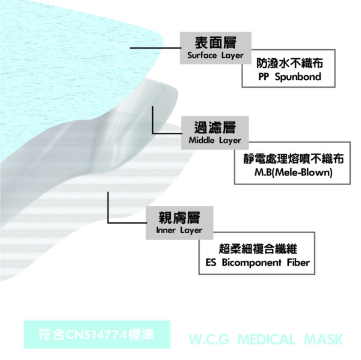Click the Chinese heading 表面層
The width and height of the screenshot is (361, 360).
pos(215,43)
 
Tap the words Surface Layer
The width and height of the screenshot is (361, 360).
pos(215,55)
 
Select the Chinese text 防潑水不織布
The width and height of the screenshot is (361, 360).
pos(289,63)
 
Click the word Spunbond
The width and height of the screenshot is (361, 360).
pos(298,76)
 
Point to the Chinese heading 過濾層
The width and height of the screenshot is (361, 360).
pos(215,127)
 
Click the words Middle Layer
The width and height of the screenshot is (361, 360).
pos(215,140)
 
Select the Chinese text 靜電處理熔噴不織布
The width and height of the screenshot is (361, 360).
pos(294,159)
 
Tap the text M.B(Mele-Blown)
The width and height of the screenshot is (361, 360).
pos(294,172)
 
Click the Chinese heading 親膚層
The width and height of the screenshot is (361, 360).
pos(179,218)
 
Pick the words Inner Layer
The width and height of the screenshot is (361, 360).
pos(179,230)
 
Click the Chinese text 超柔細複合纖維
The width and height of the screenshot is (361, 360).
pos(258,249)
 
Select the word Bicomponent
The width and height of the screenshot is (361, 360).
pos(251,263)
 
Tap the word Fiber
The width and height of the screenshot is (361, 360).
pos(298,262)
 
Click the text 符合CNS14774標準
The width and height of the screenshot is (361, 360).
pos(96,335)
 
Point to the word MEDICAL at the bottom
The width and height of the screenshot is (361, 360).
pos(266,340)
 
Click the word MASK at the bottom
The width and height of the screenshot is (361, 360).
pos(324,340)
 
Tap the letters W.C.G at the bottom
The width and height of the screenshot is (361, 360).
pos(209,340)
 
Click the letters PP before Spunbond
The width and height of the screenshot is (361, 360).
pos(264,76)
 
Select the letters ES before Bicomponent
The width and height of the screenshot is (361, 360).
pos(211,262)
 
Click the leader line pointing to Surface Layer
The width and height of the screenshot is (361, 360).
pos(156,48)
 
